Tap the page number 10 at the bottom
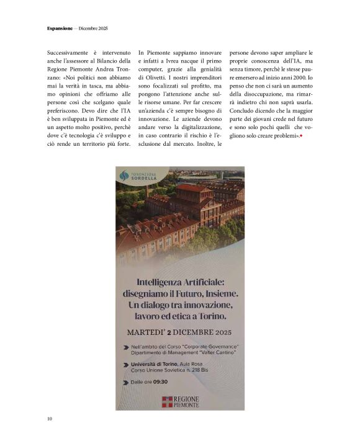(x=50, y=419)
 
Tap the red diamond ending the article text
(x=301, y=135)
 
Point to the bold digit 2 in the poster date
(x=171, y=331)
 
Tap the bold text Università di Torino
(x=154, y=363)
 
